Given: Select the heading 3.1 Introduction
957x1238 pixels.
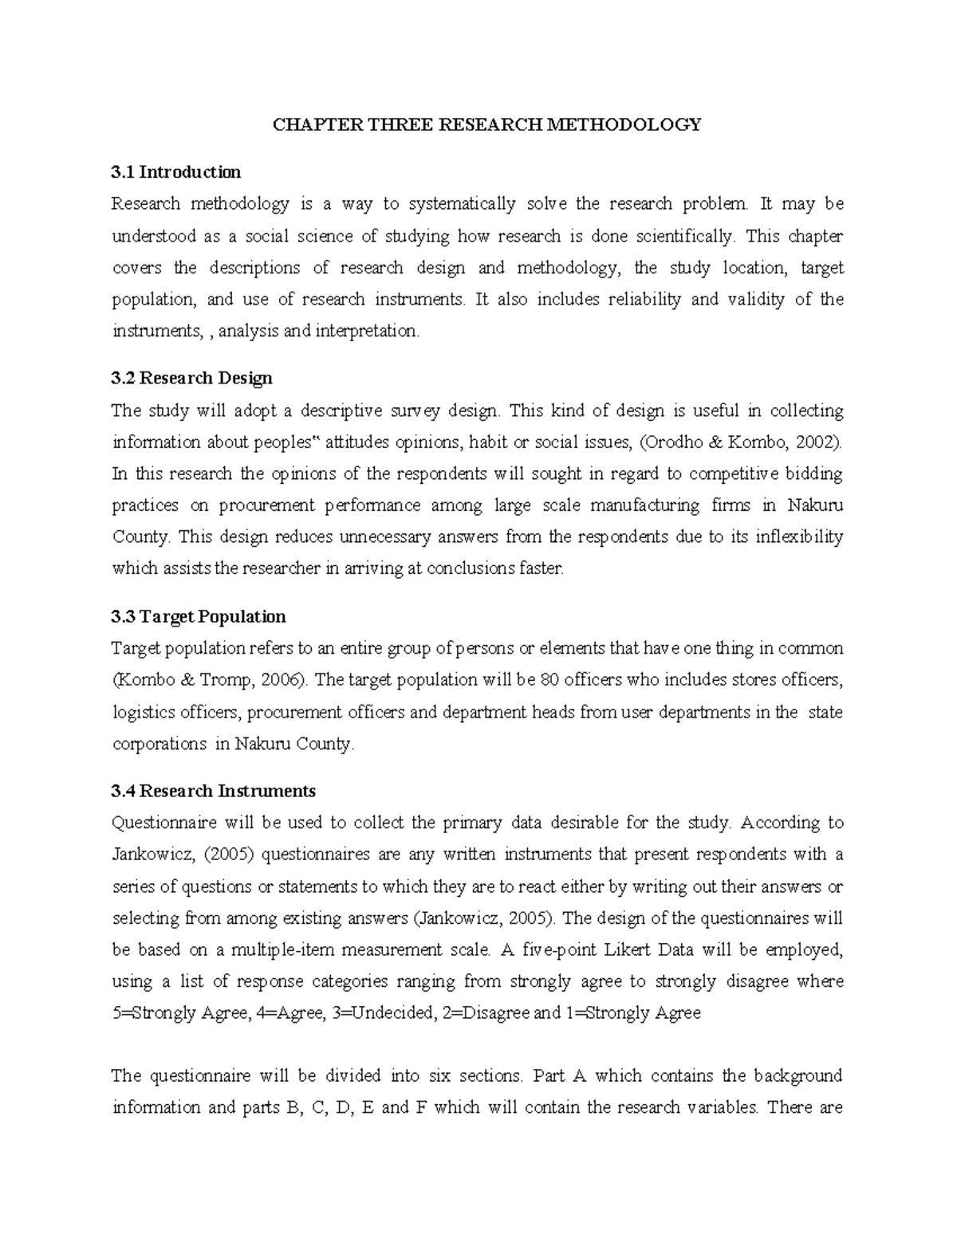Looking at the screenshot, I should (x=176, y=172).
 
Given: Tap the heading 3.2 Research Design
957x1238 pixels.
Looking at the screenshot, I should (x=191, y=378).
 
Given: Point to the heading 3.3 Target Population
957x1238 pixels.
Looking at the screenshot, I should (x=199, y=616).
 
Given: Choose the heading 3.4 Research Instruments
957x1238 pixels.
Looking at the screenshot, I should (x=214, y=791).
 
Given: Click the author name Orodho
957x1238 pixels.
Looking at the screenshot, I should (x=675, y=442).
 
